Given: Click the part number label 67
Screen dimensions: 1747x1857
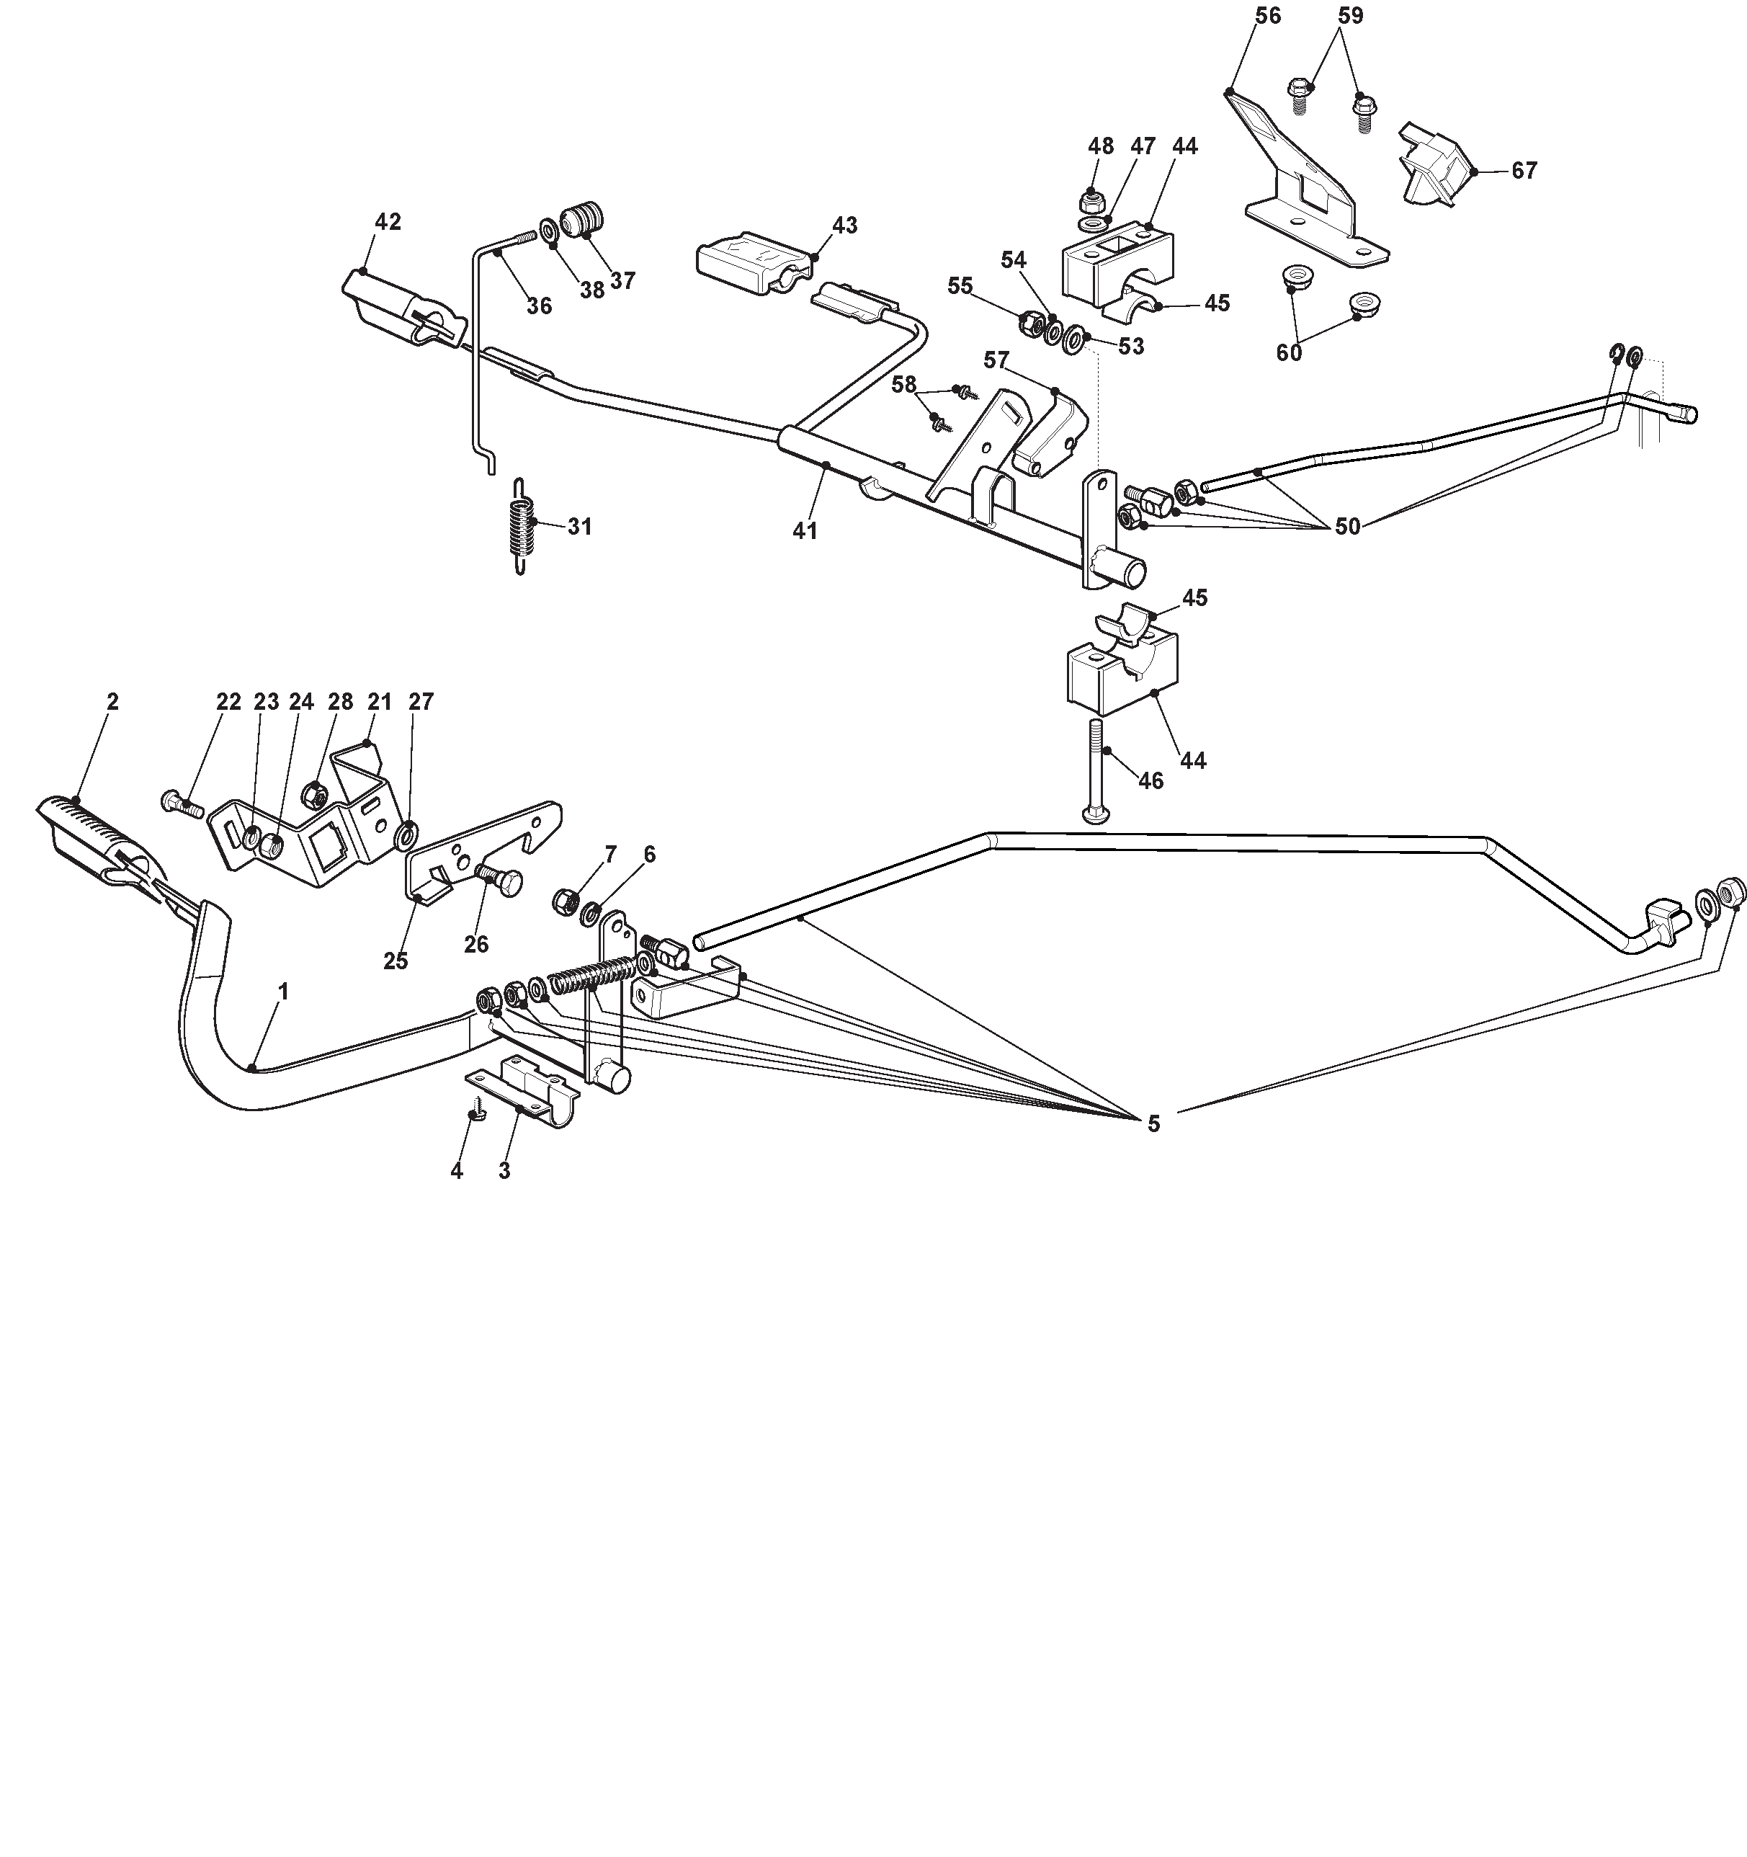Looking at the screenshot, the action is (1524, 171).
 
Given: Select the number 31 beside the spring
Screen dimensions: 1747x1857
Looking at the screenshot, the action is (580, 527).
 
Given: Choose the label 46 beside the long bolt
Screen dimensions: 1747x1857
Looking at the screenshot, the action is (1150, 781).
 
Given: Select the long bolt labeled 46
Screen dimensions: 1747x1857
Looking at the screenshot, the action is (1097, 770).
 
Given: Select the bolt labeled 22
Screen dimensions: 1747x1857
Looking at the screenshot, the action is (182, 803).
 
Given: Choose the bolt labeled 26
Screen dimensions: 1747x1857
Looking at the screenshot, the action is (499, 880).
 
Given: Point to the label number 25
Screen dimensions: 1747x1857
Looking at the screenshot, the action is (396, 961).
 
